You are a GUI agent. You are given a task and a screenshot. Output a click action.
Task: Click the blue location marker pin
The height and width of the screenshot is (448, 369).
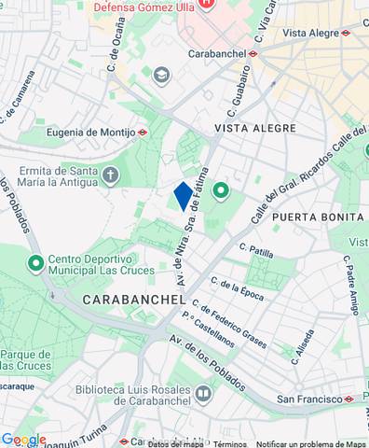[183, 197]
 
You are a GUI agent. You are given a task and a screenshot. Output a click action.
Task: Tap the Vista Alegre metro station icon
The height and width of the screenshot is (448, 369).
[346, 33]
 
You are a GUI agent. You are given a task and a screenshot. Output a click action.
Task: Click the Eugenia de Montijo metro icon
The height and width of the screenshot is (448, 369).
[143, 133]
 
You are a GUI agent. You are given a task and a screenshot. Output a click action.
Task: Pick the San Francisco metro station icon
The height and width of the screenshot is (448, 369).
[348, 399]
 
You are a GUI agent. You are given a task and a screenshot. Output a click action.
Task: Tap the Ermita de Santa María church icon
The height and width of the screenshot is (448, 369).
[111, 175]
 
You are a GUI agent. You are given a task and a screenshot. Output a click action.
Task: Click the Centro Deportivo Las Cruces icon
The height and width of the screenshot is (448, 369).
[36, 263]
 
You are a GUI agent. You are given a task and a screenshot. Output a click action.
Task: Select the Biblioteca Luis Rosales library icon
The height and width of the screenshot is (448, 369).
[202, 395]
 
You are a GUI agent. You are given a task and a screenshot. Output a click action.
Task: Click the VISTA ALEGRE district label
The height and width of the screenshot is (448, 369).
[255, 128]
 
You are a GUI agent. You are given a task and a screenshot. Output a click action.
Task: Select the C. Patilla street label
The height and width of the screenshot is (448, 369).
[256, 250]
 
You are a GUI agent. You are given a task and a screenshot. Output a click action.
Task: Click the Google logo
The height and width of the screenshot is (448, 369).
[23, 440]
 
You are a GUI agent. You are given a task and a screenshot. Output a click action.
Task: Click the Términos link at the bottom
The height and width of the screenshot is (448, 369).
[229, 443]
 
